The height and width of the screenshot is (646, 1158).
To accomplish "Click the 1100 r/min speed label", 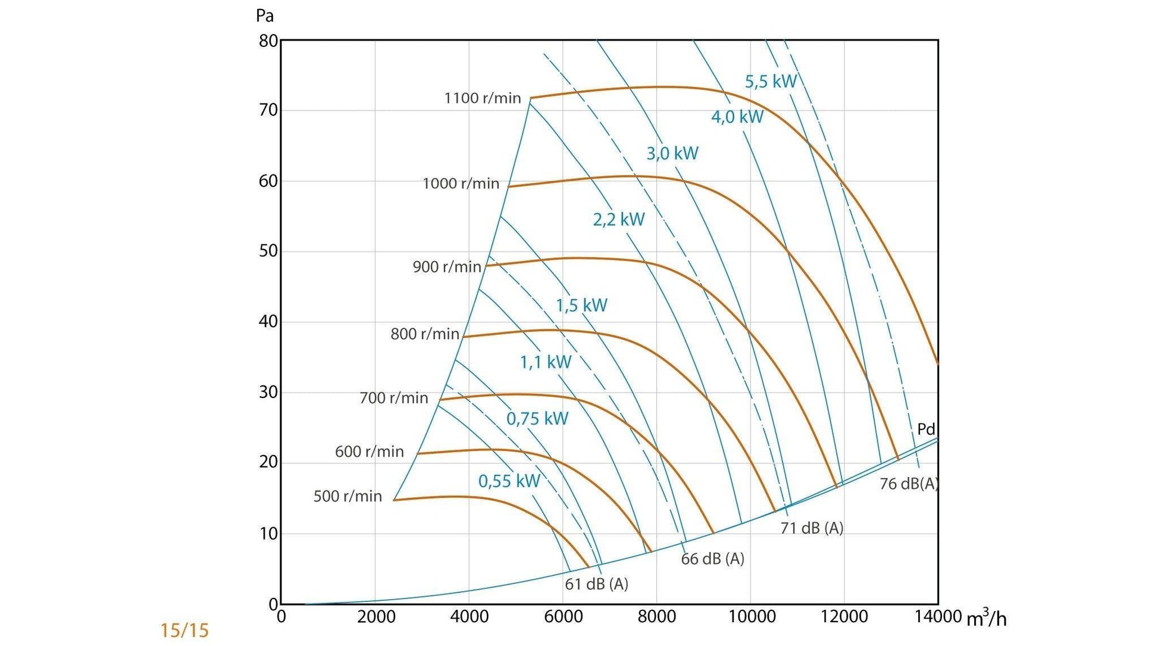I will pos(482,98).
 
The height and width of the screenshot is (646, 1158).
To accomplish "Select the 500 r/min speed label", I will pos(348,496).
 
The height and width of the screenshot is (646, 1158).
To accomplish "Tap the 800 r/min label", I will pos(425,334).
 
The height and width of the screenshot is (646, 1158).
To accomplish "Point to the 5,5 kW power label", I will pos(771,81).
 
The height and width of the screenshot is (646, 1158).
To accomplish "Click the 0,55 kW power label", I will pos(509,481).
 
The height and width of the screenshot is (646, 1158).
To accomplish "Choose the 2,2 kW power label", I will pos(618,219).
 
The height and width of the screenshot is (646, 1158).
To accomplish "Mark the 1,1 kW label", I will pos(545,362).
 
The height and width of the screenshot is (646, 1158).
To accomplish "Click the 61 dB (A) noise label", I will pos(596,584).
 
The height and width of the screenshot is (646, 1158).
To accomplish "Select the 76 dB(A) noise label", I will pos(908,484).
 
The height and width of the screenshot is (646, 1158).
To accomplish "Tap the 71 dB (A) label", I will pos(812,528).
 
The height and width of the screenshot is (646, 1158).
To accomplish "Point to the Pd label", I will pos(926,429).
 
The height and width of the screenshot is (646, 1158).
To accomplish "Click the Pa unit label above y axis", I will pos(264,15).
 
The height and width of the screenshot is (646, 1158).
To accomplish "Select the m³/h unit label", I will pos(986,618).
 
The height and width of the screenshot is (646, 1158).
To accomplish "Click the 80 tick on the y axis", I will pos(268,41).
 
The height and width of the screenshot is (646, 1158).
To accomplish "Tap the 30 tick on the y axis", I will pos(268,393).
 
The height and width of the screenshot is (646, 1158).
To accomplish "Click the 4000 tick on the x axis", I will pos(469,617).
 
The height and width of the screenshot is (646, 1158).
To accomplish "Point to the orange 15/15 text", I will pos(184,631).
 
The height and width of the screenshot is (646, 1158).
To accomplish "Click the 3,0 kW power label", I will pos(672,153).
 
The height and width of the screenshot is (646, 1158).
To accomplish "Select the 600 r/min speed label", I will pos(369,451).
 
